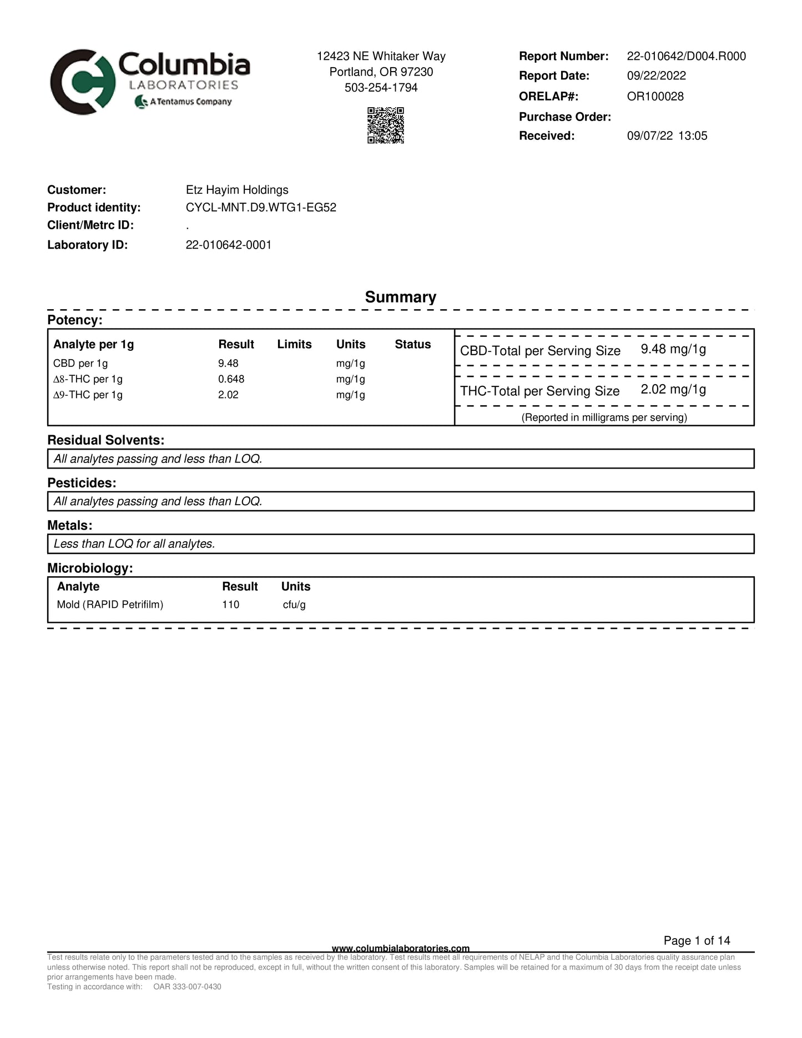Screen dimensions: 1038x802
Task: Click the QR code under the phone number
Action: tap(385, 125)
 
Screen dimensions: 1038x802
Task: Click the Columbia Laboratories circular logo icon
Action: tap(82, 82)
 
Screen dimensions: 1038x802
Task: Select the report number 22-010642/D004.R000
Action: tap(686, 56)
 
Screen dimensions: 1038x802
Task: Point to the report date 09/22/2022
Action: tap(656, 75)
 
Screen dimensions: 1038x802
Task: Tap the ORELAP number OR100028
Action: tap(655, 96)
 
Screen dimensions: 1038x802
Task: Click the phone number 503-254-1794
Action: tap(381, 88)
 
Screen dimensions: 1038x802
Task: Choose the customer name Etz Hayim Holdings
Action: tap(237, 190)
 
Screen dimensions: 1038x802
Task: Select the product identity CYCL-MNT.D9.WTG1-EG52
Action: tap(261, 208)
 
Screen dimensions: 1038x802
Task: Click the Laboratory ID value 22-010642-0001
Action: tap(229, 245)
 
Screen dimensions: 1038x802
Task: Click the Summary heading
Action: tap(400, 297)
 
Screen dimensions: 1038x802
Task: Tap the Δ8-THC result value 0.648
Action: tap(231, 379)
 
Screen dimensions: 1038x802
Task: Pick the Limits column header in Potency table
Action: tap(294, 344)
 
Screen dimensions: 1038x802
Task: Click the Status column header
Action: tap(412, 344)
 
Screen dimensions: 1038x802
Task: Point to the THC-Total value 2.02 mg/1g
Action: tap(673, 389)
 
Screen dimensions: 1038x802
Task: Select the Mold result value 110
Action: tap(230, 604)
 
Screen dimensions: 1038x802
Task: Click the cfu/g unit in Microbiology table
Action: tap(294, 604)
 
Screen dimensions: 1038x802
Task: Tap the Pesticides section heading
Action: tap(82, 483)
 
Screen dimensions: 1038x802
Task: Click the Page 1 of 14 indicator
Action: tap(697, 940)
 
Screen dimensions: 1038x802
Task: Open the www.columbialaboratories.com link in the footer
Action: tap(400, 948)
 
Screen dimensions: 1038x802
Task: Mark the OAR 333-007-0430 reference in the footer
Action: tap(187, 986)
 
